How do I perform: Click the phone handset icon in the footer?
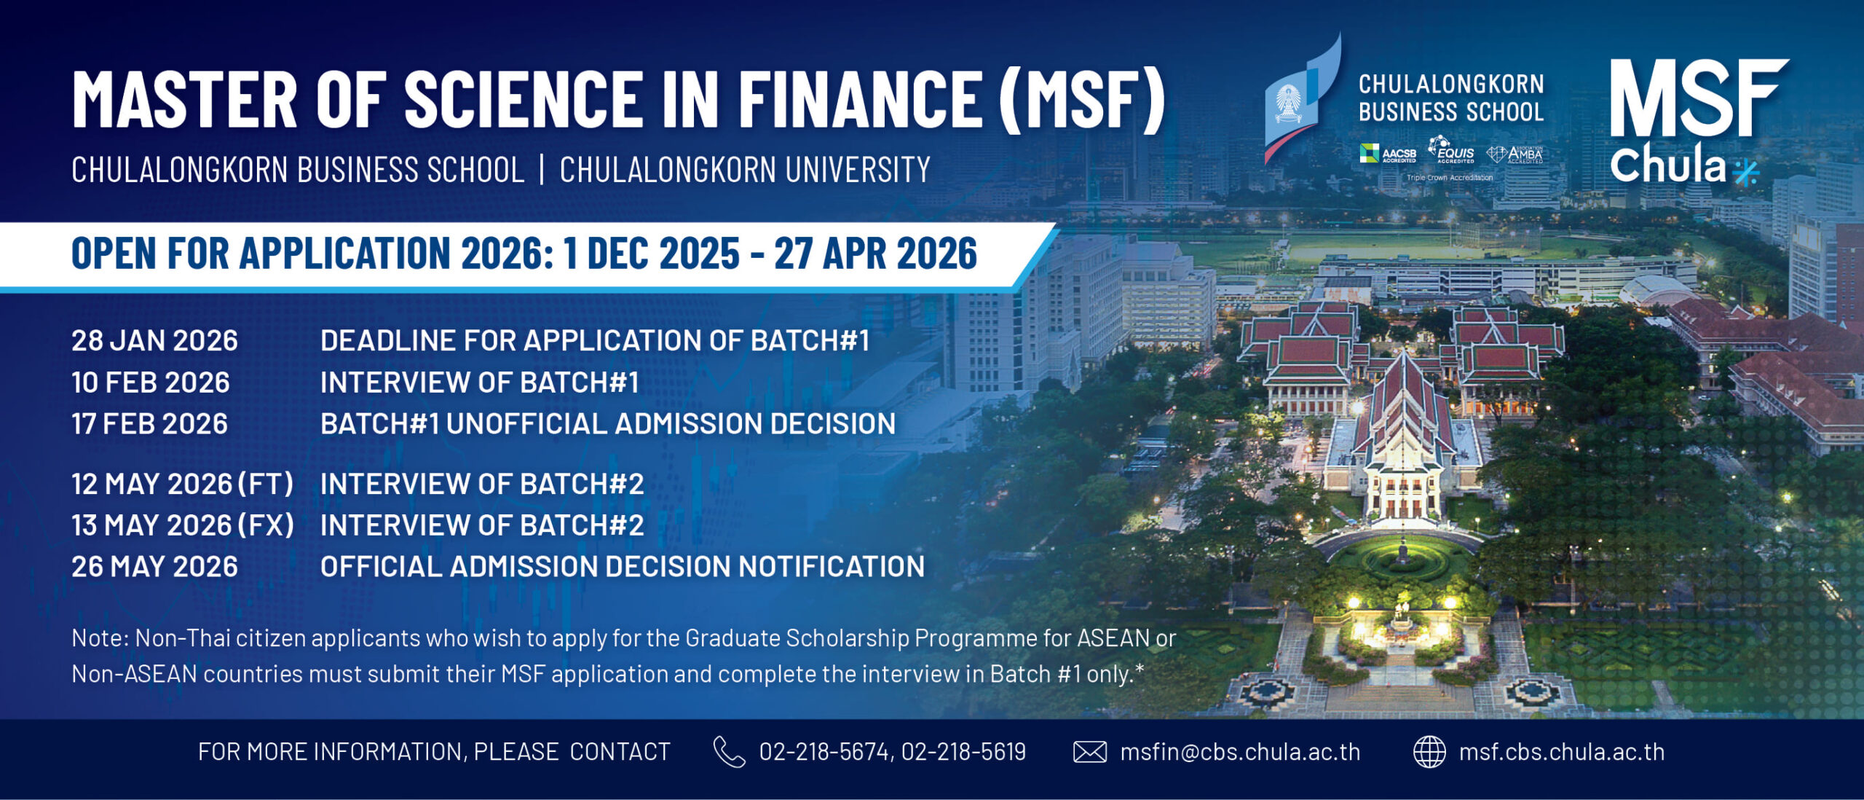tap(729, 752)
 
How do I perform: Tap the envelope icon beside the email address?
tap(1090, 752)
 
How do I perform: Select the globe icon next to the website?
tap(1429, 752)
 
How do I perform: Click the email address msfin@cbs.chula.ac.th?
tap(1240, 752)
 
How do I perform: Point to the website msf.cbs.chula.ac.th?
tap(1562, 752)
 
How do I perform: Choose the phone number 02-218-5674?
tap(825, 752)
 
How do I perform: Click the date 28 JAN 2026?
tap(154, 341)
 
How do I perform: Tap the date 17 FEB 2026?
tap(149, 424)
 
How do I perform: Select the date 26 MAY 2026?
tap(154, 567)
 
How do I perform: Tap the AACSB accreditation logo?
tap(1388, 154)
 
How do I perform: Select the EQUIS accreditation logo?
tap(1451, 150)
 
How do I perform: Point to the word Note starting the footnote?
tap(100, 638)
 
